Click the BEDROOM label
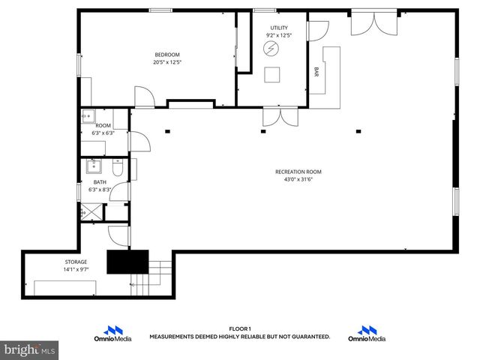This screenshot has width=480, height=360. (x=167, y=54)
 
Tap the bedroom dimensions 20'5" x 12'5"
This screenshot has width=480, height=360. (x=167, y=62)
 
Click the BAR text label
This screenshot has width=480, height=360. (x=316, y=72)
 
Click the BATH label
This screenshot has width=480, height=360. (x=100, y=182)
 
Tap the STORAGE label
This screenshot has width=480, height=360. (x=75, y=262)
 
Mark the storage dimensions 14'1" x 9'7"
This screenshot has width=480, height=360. (x=75, y=270)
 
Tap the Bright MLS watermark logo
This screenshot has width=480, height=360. (x=30, y=350)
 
